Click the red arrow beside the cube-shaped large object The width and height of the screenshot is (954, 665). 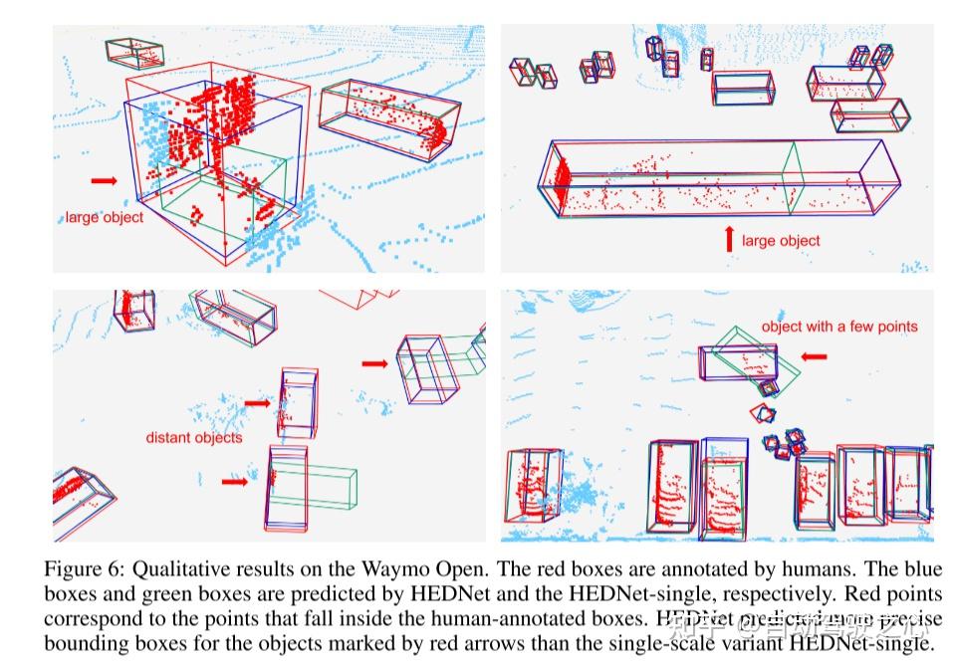pyautogui.click(x=103, y=180)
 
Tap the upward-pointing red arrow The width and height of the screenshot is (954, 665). pyautogui.click(x=728, y=239)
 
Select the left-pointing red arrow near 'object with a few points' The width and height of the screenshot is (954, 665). pyautogui.click(x=815, y=355)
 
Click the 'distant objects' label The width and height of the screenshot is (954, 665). pyautogui.click(x=193, y=437)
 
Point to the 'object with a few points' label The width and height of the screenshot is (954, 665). pyautogui.click(x=839, y=327)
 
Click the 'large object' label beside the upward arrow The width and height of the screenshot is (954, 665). pyautogui.click(x=781, y=240)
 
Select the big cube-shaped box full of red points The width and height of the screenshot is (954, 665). pyautogui.click(x=214, y=159)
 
